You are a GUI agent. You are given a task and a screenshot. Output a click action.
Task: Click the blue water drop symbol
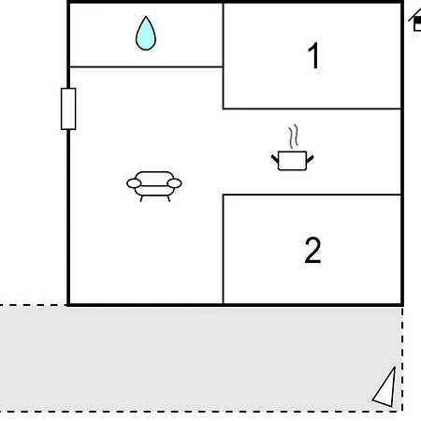point(146,34)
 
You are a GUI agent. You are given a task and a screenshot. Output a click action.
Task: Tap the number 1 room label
point(313,55)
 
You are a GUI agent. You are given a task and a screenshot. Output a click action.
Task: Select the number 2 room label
point(312,250)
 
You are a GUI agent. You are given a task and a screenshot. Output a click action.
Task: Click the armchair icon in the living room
point(154,186)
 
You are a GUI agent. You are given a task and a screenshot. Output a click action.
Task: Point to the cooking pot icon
point(292,160)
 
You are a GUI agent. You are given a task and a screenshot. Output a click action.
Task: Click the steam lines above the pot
point(294,137)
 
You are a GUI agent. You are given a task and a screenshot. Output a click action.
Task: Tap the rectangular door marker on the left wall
point(68,109)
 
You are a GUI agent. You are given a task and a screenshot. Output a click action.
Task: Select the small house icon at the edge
point(415,21)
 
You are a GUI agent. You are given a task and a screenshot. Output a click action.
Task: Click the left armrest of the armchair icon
point(134,183)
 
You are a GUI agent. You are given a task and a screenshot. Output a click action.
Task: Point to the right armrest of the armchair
point(174,183)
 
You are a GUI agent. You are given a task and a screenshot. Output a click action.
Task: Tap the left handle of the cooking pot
point(275,159)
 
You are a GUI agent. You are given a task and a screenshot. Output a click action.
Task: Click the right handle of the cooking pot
point(310,159)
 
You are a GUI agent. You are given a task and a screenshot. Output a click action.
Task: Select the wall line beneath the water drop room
point(146,66)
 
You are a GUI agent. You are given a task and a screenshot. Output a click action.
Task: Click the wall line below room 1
point(312,109)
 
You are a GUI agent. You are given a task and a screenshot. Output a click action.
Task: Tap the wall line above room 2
point(312,195)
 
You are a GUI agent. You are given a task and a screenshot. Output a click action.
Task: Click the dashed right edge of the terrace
point(402,358)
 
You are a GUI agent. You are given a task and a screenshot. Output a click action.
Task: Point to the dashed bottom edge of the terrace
point(201,412)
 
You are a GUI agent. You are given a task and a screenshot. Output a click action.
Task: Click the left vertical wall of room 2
point(224,249)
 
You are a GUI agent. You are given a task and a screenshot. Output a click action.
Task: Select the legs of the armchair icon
point(155,198)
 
